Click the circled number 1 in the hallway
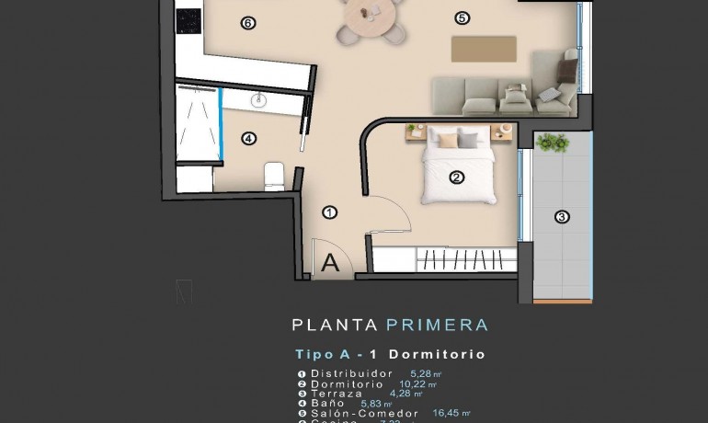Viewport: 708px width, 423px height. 330,212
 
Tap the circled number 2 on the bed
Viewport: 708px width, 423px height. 456,177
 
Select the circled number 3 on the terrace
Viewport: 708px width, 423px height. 562,218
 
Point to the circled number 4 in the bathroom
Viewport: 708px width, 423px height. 248,139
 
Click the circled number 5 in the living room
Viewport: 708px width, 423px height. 462,17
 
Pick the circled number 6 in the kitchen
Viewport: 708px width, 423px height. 246,23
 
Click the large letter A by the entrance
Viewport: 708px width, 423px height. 331,262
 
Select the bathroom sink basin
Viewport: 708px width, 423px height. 257,100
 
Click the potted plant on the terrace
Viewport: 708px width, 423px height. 552,143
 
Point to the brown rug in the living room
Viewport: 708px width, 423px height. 484,49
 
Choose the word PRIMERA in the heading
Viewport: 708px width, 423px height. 437,325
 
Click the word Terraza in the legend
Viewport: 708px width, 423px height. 337,394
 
